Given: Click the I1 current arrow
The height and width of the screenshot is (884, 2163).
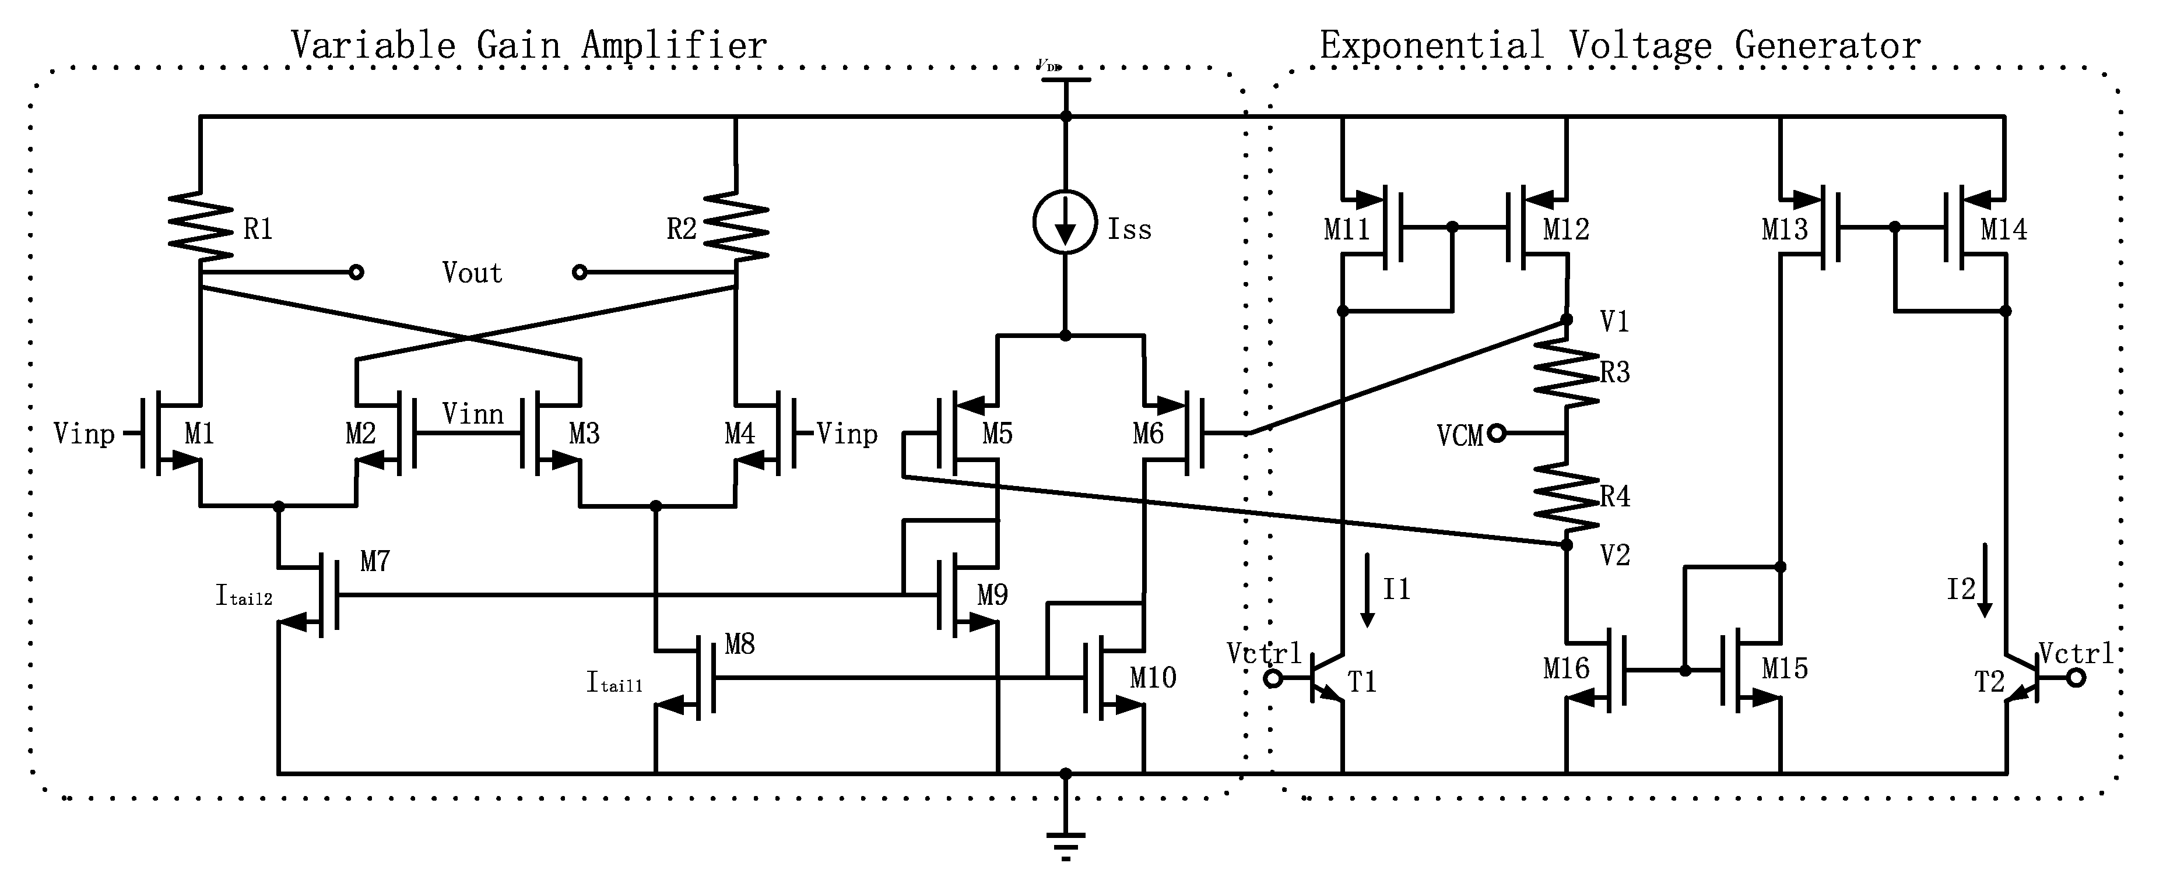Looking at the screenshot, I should tap(1367, 590).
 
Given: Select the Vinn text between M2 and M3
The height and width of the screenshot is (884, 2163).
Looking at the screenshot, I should tap(473, 414).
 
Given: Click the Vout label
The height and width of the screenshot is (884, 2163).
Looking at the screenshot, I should tap(472, 273).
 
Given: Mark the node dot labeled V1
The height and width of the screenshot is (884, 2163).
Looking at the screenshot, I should tap(1566, 320).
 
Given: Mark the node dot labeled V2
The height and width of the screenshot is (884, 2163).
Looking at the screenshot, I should tap(1566, 545).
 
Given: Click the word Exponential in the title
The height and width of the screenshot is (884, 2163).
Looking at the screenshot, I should tap(1431, 45).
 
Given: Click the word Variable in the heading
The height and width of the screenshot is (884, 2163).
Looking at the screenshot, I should tap(373, 45).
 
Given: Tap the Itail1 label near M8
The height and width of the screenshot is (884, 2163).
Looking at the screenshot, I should tap(614, 682).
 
